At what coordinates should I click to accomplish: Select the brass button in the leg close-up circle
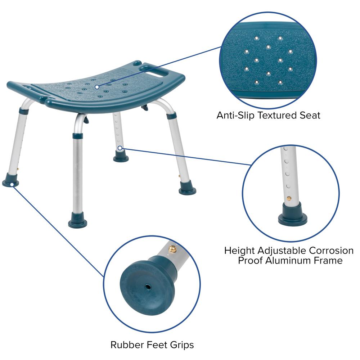click(289, 198)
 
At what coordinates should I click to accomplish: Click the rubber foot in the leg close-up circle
click(292, 215)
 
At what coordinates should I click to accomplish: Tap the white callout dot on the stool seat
click(97, 87)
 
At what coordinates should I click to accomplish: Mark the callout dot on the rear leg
click(120, 147)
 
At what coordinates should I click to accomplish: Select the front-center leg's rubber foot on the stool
click(77, 220)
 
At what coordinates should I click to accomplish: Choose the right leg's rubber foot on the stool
click(188, 189)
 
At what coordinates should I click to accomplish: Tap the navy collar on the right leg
click(171, 116)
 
